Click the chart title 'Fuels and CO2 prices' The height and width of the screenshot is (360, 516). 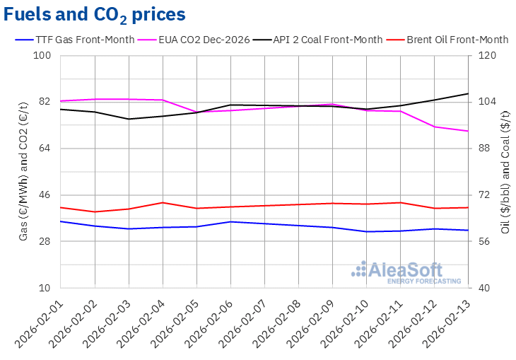click(x=95, y=14)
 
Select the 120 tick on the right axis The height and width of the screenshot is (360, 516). click(x=489, y=56)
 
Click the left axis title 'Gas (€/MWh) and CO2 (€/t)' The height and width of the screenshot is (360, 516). click(x=24, y=172)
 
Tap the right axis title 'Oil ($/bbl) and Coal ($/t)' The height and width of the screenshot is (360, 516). click(x=506, y=172)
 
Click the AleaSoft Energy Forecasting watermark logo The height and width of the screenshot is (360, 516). click(x=397, y=272)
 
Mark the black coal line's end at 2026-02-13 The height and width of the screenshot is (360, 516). click(x=468, y=93)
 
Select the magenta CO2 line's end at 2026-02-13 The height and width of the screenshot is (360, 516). click(x=468, y=131)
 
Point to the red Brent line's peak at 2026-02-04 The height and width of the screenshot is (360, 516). click(x=163, y=203)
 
